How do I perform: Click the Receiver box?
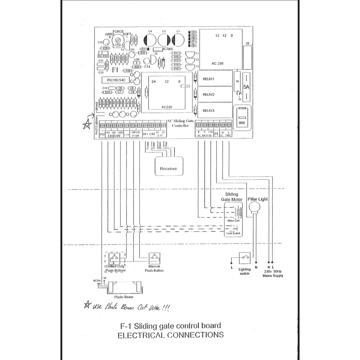point(168,166)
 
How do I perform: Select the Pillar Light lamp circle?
point(255,209)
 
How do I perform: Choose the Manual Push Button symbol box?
point(155,258)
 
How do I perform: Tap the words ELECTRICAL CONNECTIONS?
point(171,335)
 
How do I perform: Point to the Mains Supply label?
point(273,276)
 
